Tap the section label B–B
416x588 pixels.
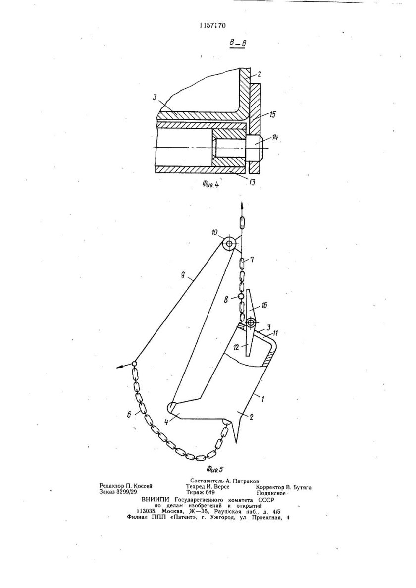coord(238,44)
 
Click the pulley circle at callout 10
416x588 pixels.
coord(229,244)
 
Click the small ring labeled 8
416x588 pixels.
coord(241,297)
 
